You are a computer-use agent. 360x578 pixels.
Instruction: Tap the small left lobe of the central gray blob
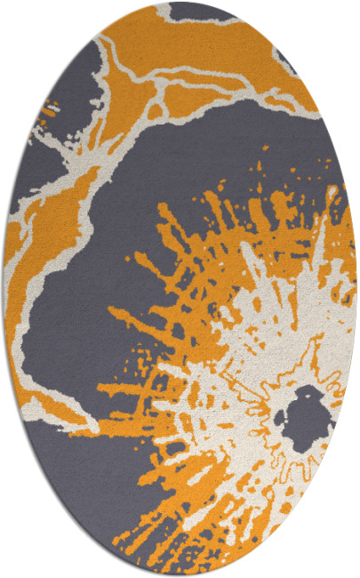point(283,414)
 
